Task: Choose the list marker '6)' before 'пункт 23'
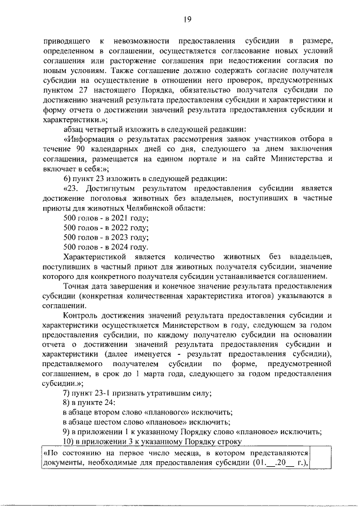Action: [67, 178]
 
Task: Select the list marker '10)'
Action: [69, 441]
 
